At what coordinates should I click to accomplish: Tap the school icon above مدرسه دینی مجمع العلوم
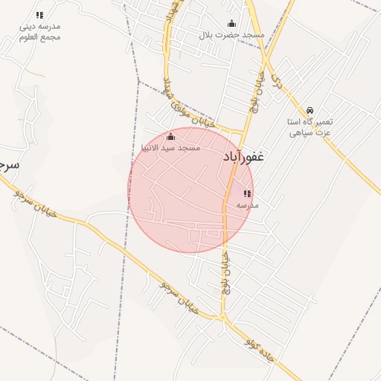pyautogui.click(x=40, y=15)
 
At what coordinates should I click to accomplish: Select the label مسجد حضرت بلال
pyautogui.click(x=231, y=35)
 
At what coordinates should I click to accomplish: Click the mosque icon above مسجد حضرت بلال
pyautogui.click(x=231, y=24)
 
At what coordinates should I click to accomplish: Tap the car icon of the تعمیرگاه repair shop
pyautogui.click(x=310, y=110)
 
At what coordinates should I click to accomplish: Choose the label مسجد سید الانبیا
pyautogui.click(x=170, y=148)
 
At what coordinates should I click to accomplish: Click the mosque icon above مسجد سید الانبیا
pyautogui.click(x=170, y=137)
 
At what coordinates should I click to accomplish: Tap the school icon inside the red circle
pyautogui.click(x=247, y=193)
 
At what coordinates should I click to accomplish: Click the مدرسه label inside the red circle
pyautogui.click(x=247, y=205)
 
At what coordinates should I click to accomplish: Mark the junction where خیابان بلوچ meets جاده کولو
pyautogui.click(x=222, y=318)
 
